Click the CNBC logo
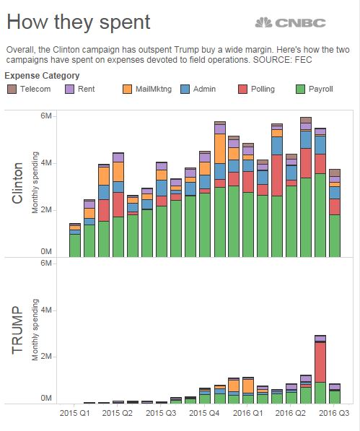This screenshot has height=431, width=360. coord(290,22)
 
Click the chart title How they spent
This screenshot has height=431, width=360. coord(78,22)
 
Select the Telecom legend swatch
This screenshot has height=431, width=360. coord(12,89)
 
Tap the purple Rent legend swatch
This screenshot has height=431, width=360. coord(69,89)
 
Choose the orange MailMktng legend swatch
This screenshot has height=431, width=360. coord(127,89)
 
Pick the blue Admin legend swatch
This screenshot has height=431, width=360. coord(185,89)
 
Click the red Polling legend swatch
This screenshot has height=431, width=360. coord(242,89)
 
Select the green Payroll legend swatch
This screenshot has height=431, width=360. coord(300,89)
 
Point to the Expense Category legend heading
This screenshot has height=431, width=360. coord(42,76)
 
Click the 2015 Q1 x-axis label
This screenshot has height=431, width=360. coord(74,413)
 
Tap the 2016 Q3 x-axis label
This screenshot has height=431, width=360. coord(334,413)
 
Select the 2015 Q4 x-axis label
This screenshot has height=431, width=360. coord(204,413)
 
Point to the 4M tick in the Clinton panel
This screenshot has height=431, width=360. coord(46,163)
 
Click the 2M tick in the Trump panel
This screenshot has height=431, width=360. coord(46,357)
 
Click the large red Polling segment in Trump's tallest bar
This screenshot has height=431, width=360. coord(320,362)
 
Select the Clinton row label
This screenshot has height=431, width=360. coord(17,183)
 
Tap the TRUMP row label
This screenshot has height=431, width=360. coord(17,330)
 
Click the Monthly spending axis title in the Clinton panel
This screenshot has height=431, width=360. coord(35,183)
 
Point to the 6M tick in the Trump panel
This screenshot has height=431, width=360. coord(46,263)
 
